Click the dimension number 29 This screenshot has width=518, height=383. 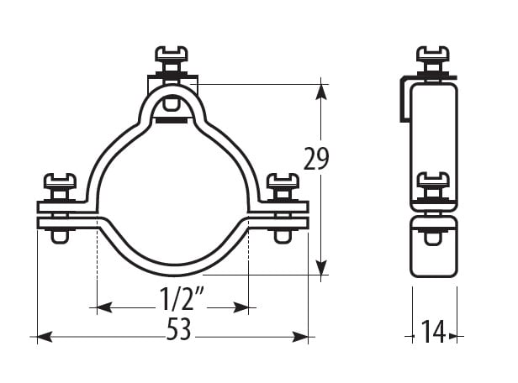316,159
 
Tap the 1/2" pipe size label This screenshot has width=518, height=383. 181,298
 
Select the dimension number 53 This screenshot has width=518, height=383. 179,328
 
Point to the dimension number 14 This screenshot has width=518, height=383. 433,332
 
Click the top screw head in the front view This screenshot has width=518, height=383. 172,54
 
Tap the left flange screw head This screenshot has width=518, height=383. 61,181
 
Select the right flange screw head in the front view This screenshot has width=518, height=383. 283,181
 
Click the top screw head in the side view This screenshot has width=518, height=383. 432,54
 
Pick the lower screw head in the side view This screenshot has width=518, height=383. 432,180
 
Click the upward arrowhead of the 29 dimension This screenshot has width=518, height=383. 320,92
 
